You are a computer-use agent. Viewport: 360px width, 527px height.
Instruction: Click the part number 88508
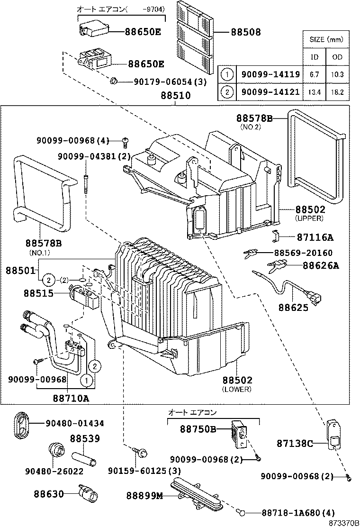pos(246,32)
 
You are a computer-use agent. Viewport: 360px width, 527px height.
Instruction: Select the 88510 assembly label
pos(175,95)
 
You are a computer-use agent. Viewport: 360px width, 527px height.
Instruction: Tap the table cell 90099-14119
pos(268,74)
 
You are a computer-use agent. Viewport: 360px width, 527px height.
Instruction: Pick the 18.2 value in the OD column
pos(337,91)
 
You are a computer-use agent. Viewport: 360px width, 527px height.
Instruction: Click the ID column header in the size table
pos(314,57)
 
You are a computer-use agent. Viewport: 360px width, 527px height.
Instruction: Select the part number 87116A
pos(315,237)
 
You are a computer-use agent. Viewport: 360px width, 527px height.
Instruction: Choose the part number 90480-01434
pos(75,423)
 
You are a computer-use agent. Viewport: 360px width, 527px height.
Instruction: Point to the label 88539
pos(85,439)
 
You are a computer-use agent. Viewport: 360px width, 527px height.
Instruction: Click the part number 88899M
pos(144,496)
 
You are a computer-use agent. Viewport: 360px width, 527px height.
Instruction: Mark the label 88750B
pos(198,429)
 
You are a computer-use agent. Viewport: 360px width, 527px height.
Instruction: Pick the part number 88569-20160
pos(302,253)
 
